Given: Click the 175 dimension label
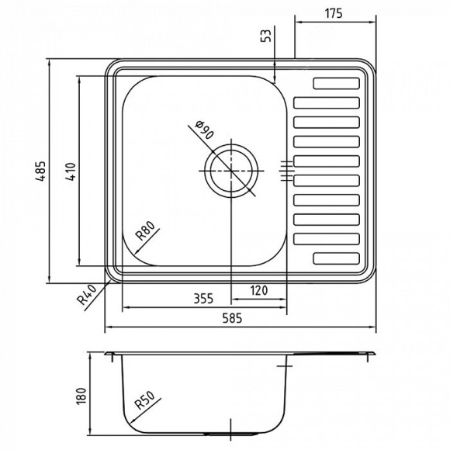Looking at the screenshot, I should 334,14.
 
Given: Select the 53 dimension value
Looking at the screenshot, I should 268,36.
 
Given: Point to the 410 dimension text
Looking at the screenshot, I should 68,171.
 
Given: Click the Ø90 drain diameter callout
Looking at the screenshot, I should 202,131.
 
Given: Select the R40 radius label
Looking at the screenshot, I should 86,296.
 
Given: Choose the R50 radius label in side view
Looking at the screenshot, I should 148,404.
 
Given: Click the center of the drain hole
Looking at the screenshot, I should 230,170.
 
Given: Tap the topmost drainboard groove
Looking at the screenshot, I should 336,84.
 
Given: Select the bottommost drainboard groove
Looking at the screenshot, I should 336,258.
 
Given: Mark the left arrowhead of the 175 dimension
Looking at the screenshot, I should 299,22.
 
